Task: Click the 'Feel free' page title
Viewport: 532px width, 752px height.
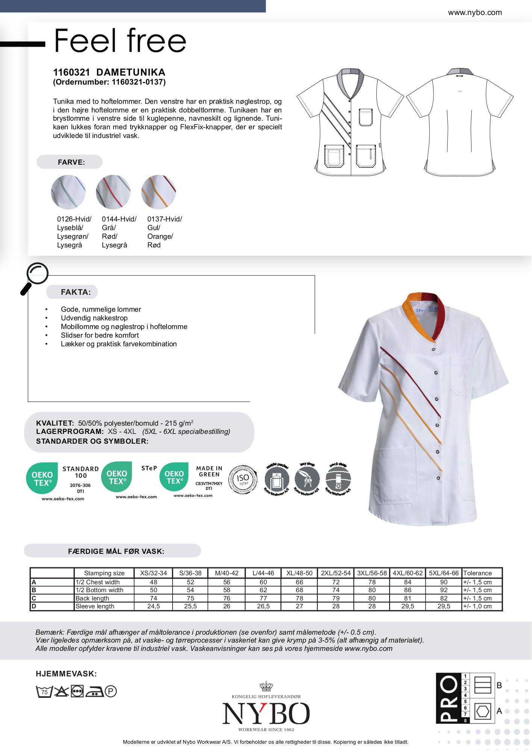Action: pyautogui.click(x=120, y=41)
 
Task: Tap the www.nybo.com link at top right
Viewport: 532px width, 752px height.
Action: pyautogui.click(x=474, y=12)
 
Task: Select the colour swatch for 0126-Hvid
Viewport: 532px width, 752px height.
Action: pyautogui.click(x=68, y=192)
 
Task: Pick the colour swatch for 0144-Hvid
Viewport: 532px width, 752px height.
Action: pyautogui.click(x=113, y=192)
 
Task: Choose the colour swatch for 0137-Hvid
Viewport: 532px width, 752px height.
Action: pyautogui.click(x=158, y=192)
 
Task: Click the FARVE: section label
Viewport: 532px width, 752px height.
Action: pyautogui.click(x=71, y=162)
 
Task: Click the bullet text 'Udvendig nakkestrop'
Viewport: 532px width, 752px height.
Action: pyautogui.click(x=94, y=318)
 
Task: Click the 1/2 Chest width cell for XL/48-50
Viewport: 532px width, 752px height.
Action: pyautogui.click(x=299, y=582)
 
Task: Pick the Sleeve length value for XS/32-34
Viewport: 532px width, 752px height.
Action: pyautogui.click(x=153, y=606)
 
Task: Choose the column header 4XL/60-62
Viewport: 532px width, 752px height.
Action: pyautogui.click(x=408, y=573)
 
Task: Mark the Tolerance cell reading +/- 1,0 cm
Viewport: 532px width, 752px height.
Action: pyautogui.click(x=477, y=606)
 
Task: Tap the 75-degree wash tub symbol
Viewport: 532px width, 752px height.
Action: pyautogui.click(x=44, y=691)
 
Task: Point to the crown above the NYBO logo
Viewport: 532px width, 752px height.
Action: pyautogui.click(x=266, y=687)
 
